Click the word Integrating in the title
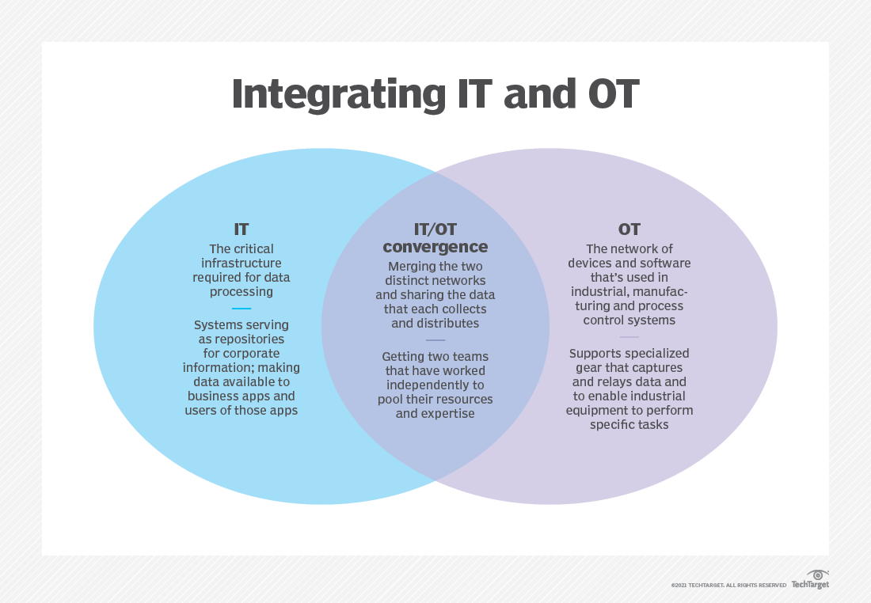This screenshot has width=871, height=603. pyautogui.click(x=339, y=94)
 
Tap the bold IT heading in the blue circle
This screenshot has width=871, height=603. pyautogui.click(x=241, y=229)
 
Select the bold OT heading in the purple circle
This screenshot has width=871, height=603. pyautogui.click(x=629, y=229)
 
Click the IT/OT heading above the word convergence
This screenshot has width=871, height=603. pyautogui.click(x=435, y=229)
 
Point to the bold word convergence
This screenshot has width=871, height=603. pyautogui.click(x=435, y=247)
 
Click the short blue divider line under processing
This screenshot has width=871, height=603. pyautogui.click(x=241, y=308)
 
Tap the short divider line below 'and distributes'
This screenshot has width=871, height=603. pyautogui.click(x=435, y=339)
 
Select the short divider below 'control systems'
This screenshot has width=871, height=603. pyautogui.click(x=629, y=336)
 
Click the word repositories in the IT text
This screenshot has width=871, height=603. pyautogui.click(x=249, y=339)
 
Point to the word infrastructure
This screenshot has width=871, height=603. pyautogui.click(x=241, y=264)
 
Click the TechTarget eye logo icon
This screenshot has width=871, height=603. pyautogui.click(x=818, y=575)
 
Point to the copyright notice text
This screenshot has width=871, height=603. pyautogui.click(x=728, y=586)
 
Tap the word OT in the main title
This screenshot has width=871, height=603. pyautogui.click(x=613, y=94)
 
